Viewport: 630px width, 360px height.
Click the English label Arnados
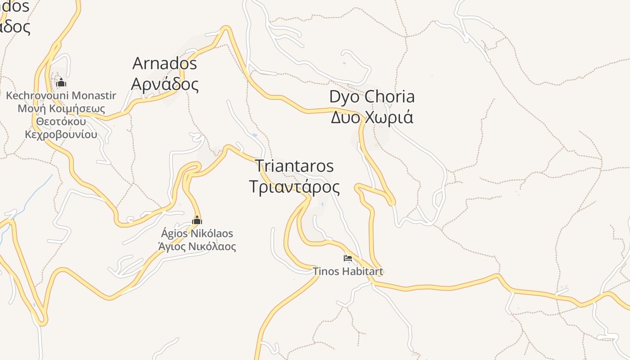click(x=165, y=63)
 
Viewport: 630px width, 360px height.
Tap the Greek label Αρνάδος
click(x=165, y=84)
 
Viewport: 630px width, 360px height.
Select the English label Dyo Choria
click(x=372, y=96)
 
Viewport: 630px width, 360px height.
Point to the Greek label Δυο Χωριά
click(x=372, y=117)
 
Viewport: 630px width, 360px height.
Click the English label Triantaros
click(x=295, y=166)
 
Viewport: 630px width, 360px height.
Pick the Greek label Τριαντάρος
click(x=295, y=187)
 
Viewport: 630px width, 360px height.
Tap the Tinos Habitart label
click(x=348, y=271)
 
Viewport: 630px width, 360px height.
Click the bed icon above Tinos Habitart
click(x=347, y=258)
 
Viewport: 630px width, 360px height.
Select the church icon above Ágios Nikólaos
click(x=197, y=220)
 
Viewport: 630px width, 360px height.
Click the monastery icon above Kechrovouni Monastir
click(x=61, y=83)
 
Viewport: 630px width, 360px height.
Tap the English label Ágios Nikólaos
click(x=197, y=234)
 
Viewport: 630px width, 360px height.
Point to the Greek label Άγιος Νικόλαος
click(x=197, y=246)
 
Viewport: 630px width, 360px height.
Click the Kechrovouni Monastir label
click(x=61, y=95)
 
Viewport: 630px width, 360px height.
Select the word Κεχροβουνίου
click(x=61, y=135)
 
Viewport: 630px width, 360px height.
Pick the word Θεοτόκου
click(x=61, y=121)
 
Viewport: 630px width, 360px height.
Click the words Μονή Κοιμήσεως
click(x=61, y=108)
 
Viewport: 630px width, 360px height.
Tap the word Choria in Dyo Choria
click(x=390, y=96)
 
